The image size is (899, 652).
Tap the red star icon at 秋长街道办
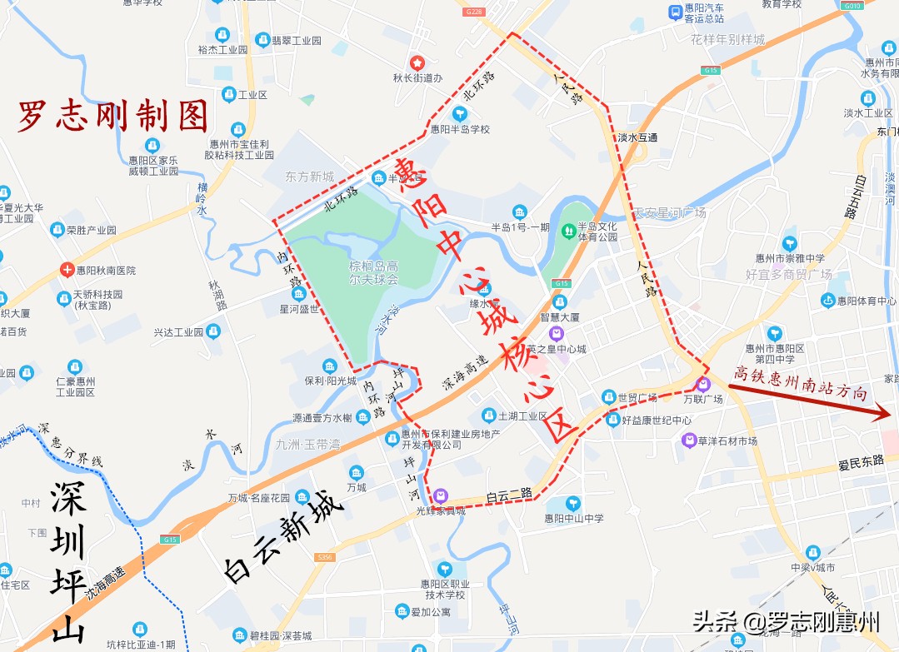tap(417, 62)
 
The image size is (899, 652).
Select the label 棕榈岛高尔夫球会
tap(374, 272)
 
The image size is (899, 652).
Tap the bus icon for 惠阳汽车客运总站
tap(675, 12)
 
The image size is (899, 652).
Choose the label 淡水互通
tap(637, 137)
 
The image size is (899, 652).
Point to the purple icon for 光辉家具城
tap(440, 495)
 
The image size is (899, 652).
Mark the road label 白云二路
tap(508, 495)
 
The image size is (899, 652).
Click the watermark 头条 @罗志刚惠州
tap(786, 620)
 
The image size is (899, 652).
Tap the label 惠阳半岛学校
tap(460, 129)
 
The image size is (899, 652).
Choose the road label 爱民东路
tap(862, 460)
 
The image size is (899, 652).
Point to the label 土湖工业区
tap(522, 416)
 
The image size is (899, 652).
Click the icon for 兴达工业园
tap(213, 331)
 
